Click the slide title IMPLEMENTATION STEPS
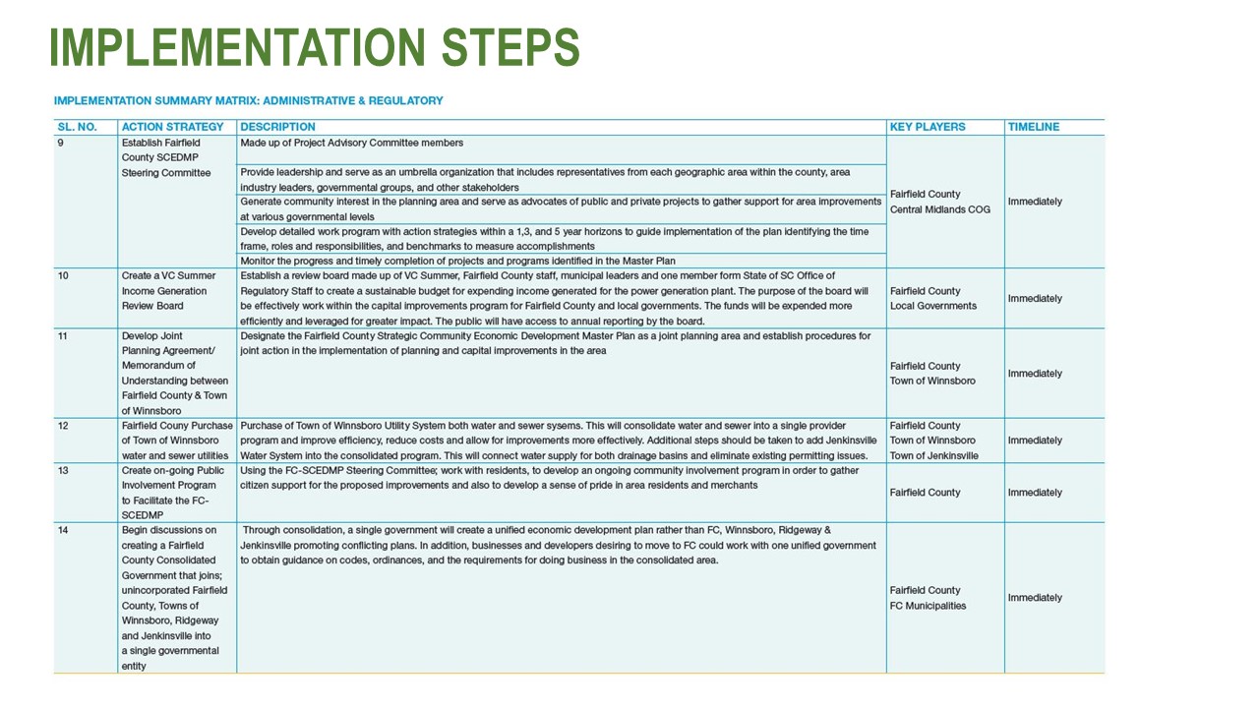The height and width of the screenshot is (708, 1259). click(x=314, y=47)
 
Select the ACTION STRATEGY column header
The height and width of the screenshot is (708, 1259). click(x=172, y=127)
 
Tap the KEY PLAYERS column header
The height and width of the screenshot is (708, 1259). click(x=928, y=127)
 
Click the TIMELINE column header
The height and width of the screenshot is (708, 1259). click(x=1032, y=127)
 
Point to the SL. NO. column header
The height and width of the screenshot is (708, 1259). click(x=78, y=127)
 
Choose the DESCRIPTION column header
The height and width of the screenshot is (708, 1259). click(x=277, y=127)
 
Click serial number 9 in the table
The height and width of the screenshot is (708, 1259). click(x=61, y=143)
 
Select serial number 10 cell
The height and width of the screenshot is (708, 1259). click(x=63, y=276)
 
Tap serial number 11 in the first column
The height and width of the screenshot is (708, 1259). click(x=63, y=336)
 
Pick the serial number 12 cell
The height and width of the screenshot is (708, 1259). click(x=63, y=426)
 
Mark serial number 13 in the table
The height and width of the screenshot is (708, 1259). click(x=63, y=471)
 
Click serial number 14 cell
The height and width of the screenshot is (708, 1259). click(x=63, y=531)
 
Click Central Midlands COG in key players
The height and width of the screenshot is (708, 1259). click(x=939, y=209)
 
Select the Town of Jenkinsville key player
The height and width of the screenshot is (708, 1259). click(x=933, y=456)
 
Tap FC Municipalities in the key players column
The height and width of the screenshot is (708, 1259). click(x=928, y=606)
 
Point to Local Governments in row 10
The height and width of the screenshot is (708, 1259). click(x=933, y=306)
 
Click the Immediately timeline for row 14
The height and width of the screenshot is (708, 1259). click(x=1035, y=598)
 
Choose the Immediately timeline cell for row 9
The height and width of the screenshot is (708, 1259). click(x=1035, y=202)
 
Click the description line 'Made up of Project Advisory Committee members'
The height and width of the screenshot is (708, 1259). click(x=351, y=143)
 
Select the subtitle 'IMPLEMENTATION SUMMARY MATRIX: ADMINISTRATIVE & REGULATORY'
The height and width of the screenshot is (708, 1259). click(x=249, y=100)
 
